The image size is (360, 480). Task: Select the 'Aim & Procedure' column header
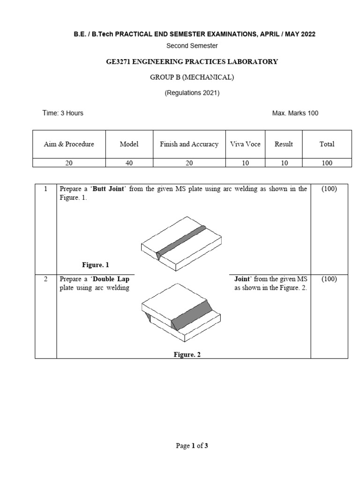tap(69, 144)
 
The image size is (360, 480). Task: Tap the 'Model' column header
tap(129, 144)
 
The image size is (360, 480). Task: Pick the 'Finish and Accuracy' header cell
tap(189, 144)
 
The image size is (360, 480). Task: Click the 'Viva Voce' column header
tap(245, 144)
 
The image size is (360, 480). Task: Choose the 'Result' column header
tap(284, 144)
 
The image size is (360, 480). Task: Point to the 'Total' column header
tap(327, 144)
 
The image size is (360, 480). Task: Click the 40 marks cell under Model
tap(129, 163)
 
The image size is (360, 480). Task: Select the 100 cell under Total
tap(327, 163)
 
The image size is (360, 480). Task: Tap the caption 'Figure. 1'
tap(96, 265)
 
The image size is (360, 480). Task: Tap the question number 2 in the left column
tap(46, 279)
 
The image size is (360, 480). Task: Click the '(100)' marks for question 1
tap(329, 189)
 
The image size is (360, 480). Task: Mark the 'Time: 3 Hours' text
tap(63, 113)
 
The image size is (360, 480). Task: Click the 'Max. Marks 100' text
tap(295, 113)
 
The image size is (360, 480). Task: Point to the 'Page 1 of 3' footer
tap(192, 446)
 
